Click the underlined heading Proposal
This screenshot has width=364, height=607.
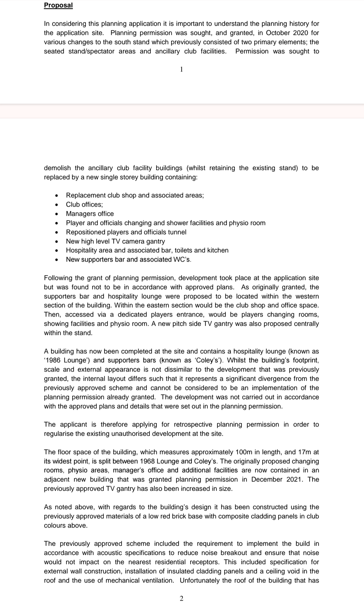[58, 5]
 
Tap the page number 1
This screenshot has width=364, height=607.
[181, 70]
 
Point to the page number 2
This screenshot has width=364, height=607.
[181, 598]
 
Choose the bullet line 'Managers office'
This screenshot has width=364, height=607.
[90, 214]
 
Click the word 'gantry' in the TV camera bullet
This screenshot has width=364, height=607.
[155, 241]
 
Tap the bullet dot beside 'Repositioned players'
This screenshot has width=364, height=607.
[56, 232]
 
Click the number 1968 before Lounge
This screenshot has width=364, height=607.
[148, 461]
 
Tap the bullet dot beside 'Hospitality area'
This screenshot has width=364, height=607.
[56, 251]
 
